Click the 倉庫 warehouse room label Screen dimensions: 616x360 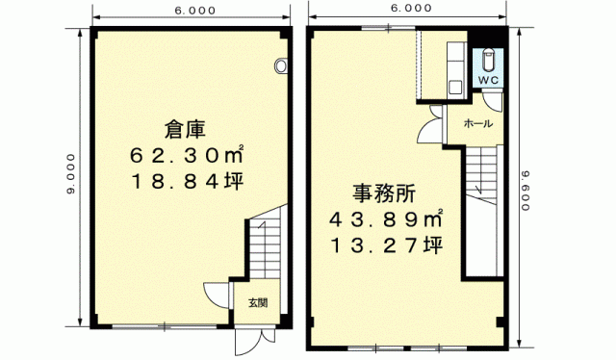pyautogui.click(x=185, y=129)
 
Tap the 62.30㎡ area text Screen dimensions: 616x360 pyautogui.click(x=188, y=156)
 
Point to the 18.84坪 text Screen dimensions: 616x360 pyautogui.click(x=188, y=181)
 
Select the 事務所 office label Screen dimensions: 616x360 pyautogui.click(x=384, y=193)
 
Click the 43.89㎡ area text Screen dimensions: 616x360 pyautogui.click(x=386, y=219)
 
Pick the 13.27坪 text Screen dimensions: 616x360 pyautogui.click(x=387, y=245)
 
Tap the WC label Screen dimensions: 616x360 pyautogui.click(x=488, y=80)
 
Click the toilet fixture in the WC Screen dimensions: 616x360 pyautogui.click(x=488, y=59)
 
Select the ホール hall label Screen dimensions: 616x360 pyautogui.click(x=477, y=124)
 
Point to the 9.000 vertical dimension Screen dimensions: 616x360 pyautogui.click(x=70, y=173)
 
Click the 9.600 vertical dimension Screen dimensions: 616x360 pyautogui.click(x=526, y=191)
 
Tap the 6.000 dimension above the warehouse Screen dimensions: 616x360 pyautogui.click(x=195, y=11)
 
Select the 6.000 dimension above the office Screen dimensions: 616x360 pyautogui.click(x=411, y=8)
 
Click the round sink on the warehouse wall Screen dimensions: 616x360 pyautogui.click(x=280, y=65)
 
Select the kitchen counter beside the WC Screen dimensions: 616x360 pyautogui.click(x=455, y=70)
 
